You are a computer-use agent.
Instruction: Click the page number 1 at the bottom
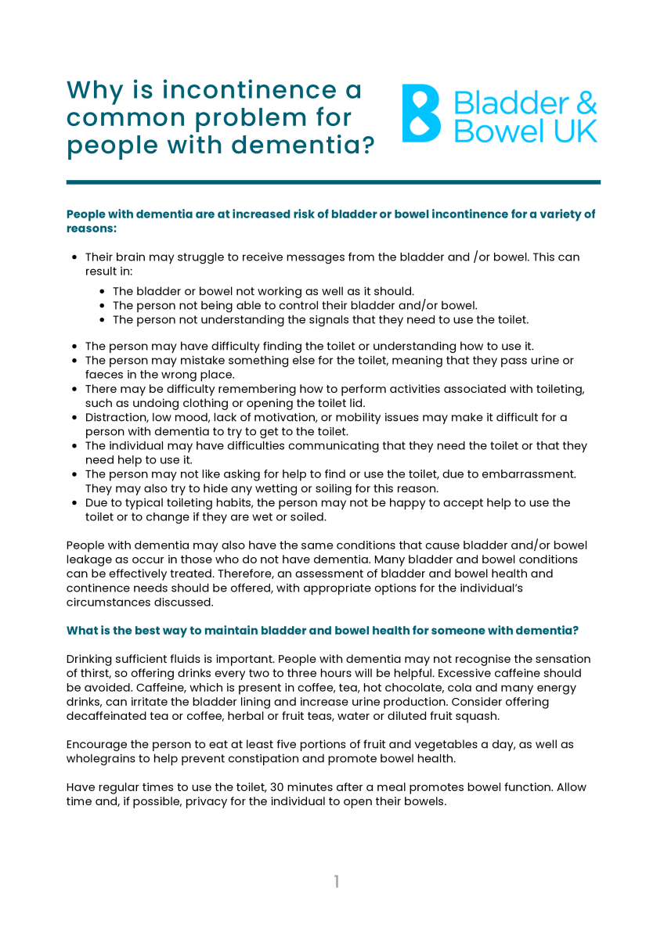[336, 882]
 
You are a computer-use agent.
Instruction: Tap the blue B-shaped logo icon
[421, 113]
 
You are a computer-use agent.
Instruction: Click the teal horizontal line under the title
[333, 182]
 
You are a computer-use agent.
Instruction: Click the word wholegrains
[99, 759]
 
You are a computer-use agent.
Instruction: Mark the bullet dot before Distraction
[74, 418]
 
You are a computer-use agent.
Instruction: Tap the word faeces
[103, 375]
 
